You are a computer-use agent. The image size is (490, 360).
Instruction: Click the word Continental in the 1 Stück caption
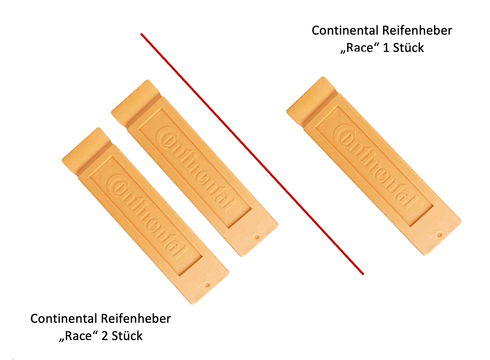(345, 31)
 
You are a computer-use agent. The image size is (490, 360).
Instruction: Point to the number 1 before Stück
(386, 47)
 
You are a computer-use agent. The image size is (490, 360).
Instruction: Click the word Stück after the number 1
(408, 47)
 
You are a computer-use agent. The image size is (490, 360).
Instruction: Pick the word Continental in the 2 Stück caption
(64, 319)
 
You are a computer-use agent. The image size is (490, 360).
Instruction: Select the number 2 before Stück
(104, 336)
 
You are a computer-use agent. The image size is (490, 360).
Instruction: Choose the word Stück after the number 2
(127, 336)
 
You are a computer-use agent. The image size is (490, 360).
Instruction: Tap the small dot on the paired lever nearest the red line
(258, 238)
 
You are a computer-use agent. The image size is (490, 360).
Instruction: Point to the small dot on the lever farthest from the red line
(207, 284)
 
